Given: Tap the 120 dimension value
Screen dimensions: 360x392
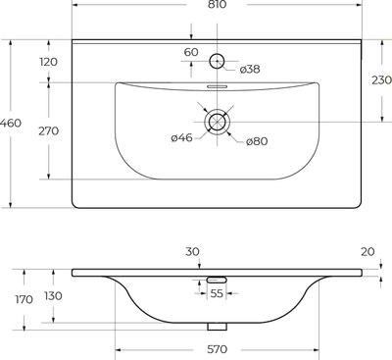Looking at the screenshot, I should (49, 62).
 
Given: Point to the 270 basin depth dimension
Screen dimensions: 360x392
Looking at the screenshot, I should (49, 130).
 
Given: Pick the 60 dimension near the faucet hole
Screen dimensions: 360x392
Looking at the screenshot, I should (190, 52).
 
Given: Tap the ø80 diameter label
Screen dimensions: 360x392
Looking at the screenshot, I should (256, 142).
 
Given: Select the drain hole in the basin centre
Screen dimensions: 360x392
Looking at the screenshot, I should (218, 122).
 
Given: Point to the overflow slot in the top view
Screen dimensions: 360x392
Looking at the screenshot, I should (218, 86).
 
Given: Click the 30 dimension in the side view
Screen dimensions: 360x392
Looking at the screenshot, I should (192, 251).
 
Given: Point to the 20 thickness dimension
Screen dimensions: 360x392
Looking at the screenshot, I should (367, 251).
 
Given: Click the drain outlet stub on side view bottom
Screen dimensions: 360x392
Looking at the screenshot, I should (218, 327).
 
